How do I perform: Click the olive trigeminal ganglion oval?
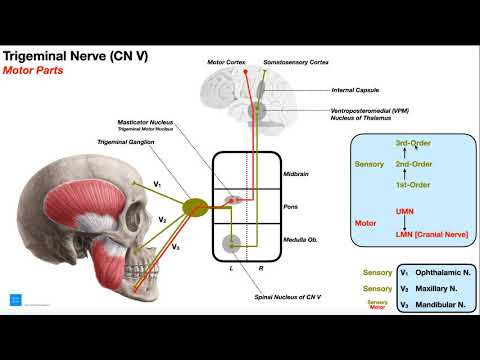click(195, 207)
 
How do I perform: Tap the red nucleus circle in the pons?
click(233, 200)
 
